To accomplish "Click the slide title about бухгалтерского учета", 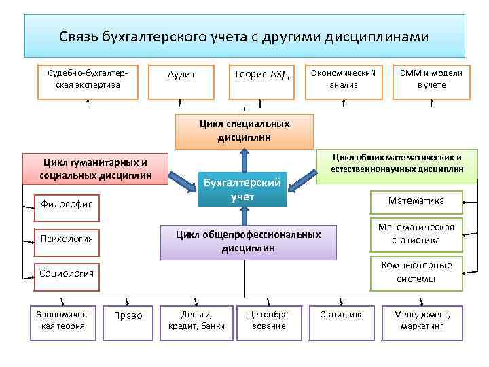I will (244, 36).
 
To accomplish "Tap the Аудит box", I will (181, 75).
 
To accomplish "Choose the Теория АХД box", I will (261, 75).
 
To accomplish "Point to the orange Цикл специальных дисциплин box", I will (244, 130).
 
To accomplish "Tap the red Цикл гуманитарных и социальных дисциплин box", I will (95, 169).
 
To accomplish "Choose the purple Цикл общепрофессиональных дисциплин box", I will (248, 241).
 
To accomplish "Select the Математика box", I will (416, 201).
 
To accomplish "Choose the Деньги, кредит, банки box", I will (196, 321).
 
